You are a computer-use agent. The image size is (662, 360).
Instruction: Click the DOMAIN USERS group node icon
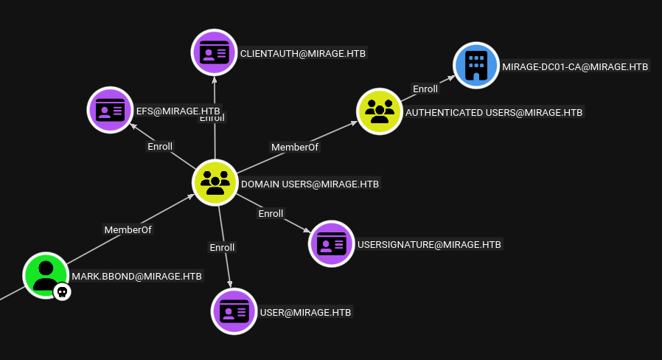(215, 182)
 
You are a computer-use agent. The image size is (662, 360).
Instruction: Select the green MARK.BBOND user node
(46, 274)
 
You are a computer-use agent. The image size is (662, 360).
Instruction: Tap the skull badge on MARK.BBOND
(63, 292)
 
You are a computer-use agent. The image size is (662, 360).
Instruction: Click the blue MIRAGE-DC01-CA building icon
(476, 66)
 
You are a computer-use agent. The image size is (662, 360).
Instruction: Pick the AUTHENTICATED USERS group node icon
(380, 111)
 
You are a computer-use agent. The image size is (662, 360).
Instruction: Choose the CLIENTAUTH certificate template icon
(215, 53)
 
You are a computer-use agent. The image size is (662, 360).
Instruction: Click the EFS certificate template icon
(111, 110)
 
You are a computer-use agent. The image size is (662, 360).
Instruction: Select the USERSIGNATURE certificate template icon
(332, 243)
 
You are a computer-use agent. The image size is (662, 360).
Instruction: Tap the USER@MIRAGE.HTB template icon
(234, 311)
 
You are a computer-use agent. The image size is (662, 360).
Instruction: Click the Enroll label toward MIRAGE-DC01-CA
(425, 89)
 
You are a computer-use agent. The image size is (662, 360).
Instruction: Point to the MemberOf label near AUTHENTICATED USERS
(296, 147)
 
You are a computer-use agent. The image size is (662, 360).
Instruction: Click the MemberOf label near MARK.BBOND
(128, 229)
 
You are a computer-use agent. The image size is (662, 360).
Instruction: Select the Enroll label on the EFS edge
(160, 146)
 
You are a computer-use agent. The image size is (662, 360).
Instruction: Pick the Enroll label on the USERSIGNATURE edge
(271, 213)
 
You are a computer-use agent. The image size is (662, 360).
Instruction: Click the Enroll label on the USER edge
(222, 247)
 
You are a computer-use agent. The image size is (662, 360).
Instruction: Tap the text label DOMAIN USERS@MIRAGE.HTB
(310, 184)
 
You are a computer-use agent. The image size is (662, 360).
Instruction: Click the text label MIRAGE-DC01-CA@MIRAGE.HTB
(575, 66)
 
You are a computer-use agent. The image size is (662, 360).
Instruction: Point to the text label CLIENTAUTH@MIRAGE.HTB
(303, 53)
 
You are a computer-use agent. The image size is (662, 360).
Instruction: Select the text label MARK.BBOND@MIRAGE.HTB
(136, 277)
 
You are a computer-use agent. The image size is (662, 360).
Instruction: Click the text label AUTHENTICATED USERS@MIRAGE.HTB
(494, 112)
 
